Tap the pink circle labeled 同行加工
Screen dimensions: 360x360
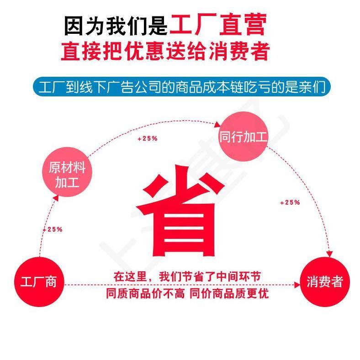pyautogui.click(x=243, y=137)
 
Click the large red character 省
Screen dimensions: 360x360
pyautogui.click(x=180, y=215)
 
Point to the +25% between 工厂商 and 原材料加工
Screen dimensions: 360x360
pyautogui.click(x=52, y=229)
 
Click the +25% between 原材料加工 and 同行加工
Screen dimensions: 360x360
pyautogui.click(x=147, y=138)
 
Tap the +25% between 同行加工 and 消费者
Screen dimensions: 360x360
pyautogui.click(x=290, y=202)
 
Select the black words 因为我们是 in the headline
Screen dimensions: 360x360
pyautogui.click(x=116, y=26)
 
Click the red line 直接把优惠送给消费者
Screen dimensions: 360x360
pyautogui.click(x=165, y=51)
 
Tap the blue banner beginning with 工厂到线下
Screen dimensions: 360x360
pyautogui.click(x=180, y=87)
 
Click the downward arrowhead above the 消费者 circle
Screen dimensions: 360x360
pyautogui.click(x=328, y=254)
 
